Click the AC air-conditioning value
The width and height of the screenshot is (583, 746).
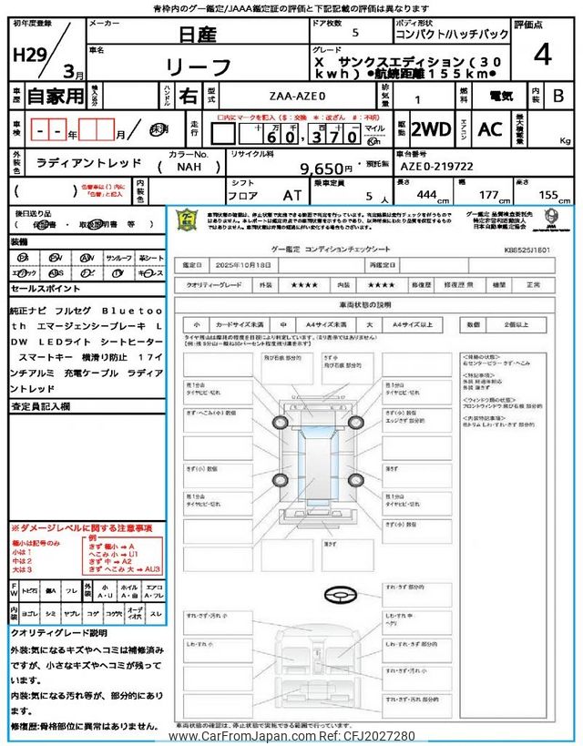coord(489,129)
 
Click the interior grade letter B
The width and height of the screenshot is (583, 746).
coord(557,94)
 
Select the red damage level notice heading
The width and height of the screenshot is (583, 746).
coord(81,528)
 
